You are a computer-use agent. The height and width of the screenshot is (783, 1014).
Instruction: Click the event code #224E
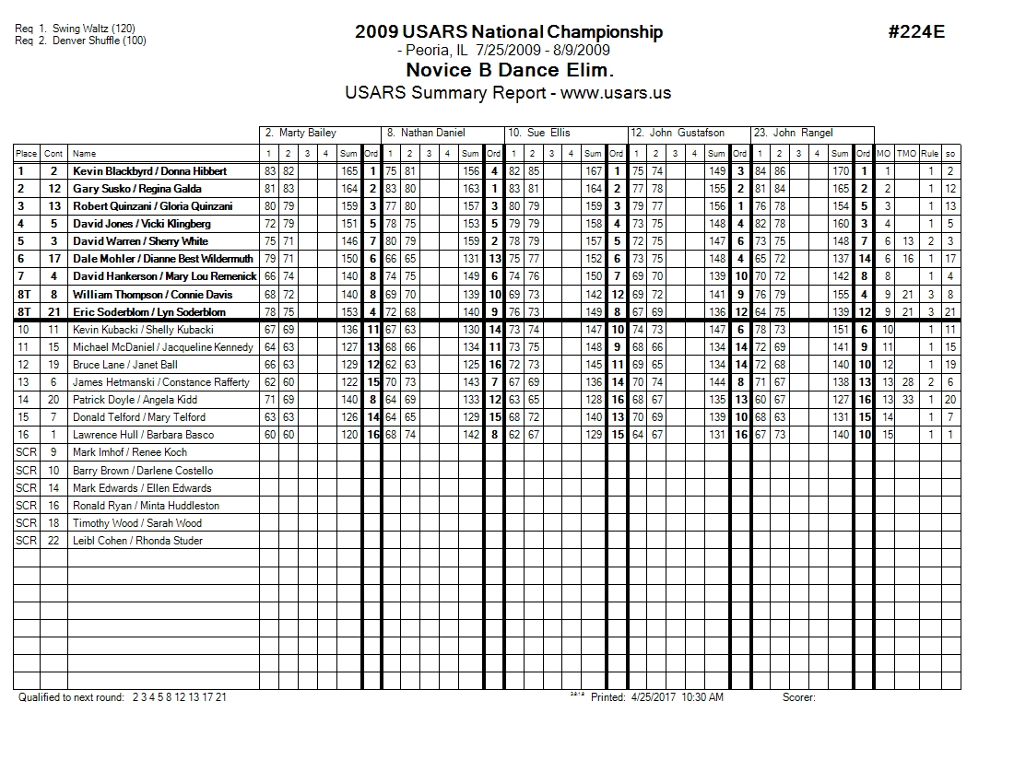916,32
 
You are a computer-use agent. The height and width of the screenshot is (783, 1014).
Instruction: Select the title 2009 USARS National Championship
508,32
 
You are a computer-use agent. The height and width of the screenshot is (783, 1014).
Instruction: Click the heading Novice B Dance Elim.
509,70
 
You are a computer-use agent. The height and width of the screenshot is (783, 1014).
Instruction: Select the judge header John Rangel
798,133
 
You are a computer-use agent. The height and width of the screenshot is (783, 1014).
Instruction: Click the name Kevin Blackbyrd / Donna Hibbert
149,171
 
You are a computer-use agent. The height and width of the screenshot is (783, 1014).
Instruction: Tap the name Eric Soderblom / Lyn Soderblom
149,312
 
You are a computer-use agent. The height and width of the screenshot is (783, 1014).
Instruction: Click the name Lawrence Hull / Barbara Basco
143,435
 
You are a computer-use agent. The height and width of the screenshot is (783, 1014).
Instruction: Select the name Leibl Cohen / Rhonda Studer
137,541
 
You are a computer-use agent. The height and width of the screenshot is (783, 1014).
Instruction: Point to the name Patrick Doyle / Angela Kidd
136,400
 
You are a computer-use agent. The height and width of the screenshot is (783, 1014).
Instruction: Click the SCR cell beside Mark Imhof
26,452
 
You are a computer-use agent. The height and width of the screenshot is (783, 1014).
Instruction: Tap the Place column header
26,154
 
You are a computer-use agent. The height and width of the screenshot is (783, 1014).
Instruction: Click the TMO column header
907,154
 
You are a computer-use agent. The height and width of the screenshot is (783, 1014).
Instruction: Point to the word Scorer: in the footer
799,697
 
